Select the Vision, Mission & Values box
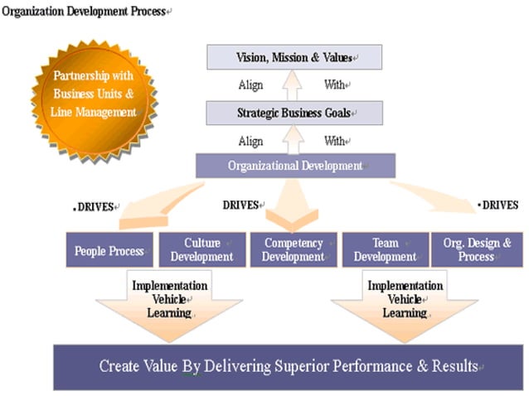294,58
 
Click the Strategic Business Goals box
294,113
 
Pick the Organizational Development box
294,166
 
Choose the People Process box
109,250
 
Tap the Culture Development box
201,250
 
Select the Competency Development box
294,250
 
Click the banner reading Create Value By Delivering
288,366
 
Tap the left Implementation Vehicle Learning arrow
169,302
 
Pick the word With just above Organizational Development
336,141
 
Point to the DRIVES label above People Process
95,206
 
